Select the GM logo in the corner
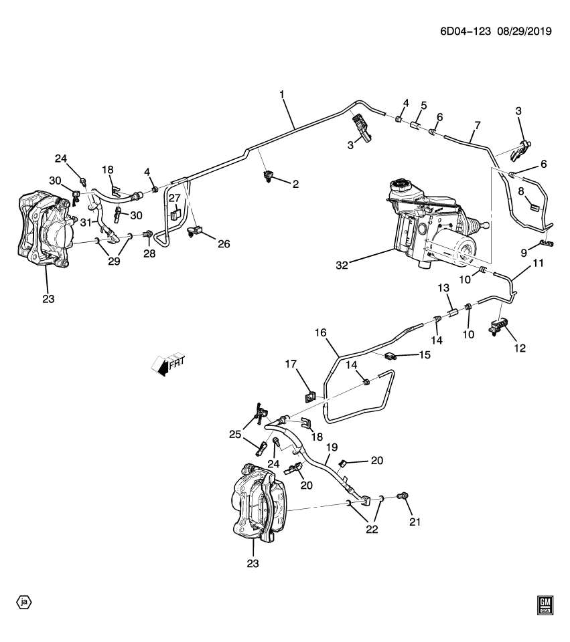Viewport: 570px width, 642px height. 546,605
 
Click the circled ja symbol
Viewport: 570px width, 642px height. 24,602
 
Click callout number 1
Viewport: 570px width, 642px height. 282,96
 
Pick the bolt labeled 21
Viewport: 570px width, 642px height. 403,496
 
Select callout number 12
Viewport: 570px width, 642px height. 520,348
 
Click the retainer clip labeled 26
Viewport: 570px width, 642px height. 196,233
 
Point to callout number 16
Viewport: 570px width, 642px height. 320,332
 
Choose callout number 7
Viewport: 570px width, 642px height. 477,125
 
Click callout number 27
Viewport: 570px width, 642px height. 174,198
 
